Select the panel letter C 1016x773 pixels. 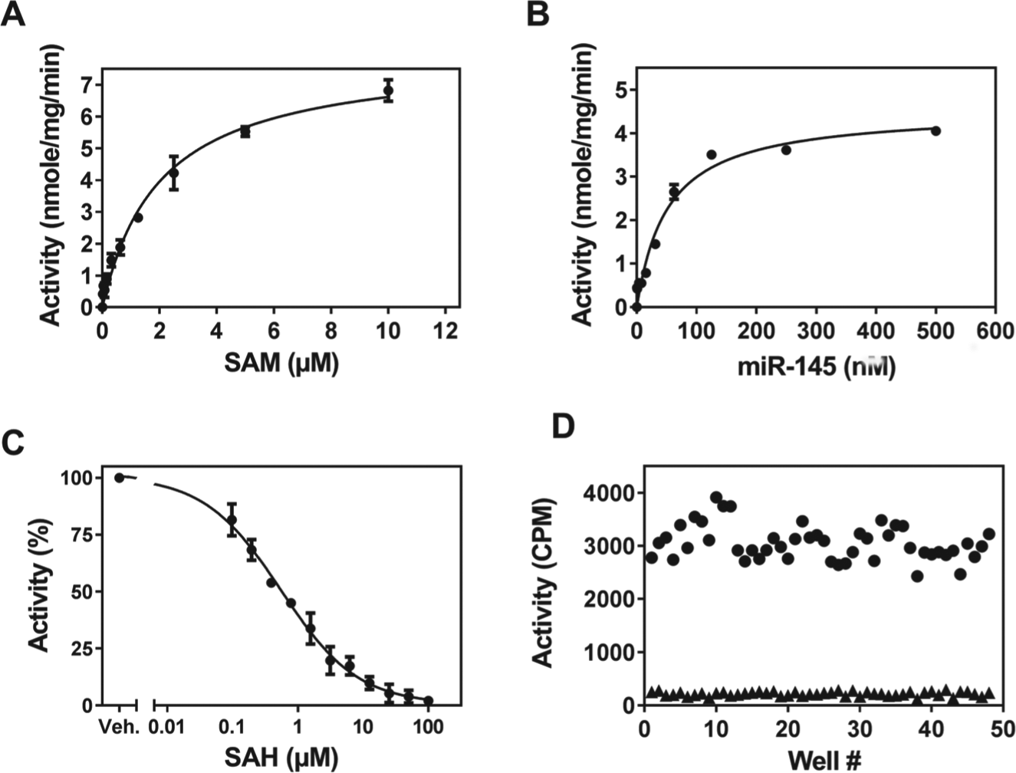12,443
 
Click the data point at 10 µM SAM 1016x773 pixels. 388,90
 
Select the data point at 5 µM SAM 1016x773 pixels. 245,132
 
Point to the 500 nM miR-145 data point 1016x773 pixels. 935,131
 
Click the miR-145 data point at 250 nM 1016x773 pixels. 786,150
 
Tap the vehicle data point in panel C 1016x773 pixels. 120,478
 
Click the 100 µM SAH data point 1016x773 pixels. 429,700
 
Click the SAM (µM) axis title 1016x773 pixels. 281,363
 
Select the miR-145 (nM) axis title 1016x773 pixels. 816,367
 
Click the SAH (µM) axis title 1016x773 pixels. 281,757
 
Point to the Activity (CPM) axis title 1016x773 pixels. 543,583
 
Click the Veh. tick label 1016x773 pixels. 120,728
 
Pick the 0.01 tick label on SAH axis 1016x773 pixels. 166,728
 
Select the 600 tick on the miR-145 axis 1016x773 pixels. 995,331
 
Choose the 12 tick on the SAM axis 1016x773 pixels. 446,331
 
